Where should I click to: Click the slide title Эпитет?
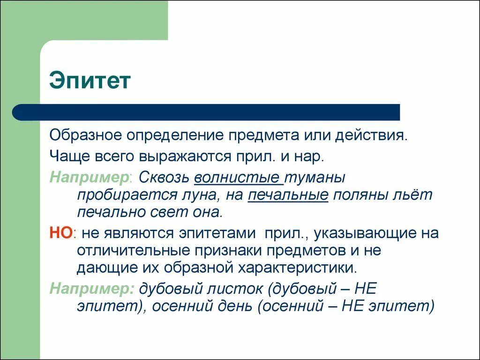(90, 80)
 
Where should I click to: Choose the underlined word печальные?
(287, 195)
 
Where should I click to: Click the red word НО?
(61, 233)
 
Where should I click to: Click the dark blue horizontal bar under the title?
(206, 112)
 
